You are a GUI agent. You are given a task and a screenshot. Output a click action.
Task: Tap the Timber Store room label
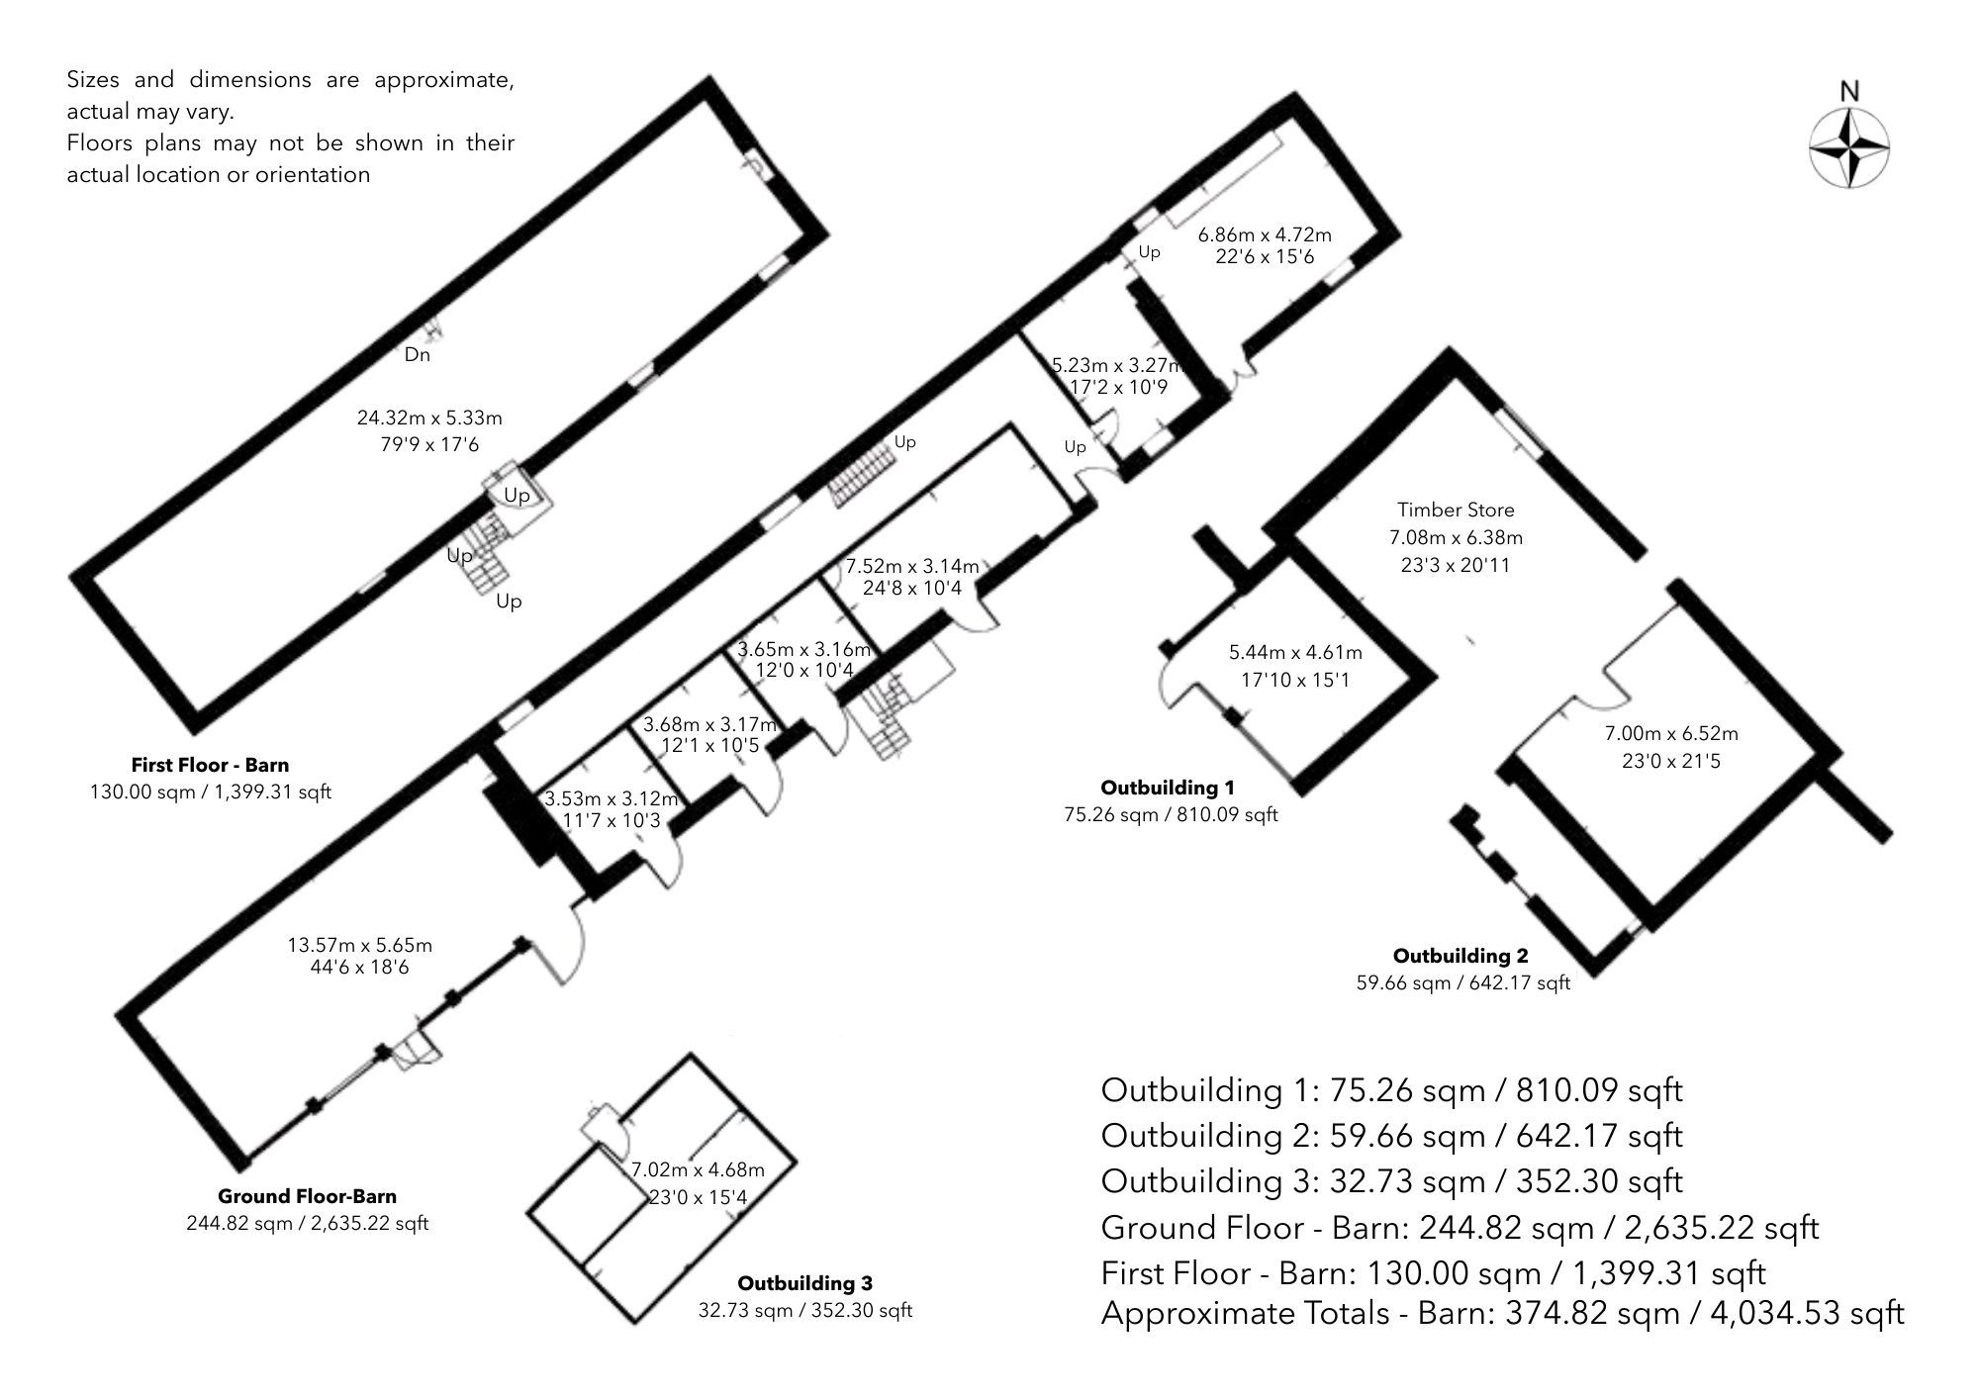(x=1456, y=510)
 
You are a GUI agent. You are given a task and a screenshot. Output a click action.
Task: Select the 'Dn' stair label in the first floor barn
(x=417, y=354)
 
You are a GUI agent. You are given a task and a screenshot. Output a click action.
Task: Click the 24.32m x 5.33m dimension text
(x=429, y=419)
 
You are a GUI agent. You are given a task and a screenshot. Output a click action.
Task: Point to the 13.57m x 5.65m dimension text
(x=360, y=945)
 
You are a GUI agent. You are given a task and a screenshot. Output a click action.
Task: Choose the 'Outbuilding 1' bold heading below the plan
(x=1168, y=788)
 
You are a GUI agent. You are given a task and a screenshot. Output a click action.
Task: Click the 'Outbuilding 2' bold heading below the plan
(x=1461, y=956)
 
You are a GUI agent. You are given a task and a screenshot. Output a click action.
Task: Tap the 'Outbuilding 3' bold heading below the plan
(x=804, y=1283)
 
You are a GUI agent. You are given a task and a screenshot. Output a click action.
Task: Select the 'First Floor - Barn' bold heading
(x=210, y=765)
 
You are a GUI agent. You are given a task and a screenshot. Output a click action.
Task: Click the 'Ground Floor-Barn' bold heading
(x=307, y=1196)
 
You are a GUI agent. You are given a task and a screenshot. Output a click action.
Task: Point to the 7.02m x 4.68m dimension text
(x=698, y=1169)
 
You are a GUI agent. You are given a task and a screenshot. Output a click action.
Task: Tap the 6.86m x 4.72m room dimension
(x=1265, y=234)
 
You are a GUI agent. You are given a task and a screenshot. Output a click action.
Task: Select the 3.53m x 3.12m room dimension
(x=612, y=798)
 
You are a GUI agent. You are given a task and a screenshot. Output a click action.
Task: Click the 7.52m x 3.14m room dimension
(x=911, y=566)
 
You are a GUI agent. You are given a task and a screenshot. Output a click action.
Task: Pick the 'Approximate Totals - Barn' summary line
(x=1501, y=1313)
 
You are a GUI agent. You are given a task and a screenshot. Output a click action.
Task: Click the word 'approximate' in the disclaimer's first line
(x=443, y=80)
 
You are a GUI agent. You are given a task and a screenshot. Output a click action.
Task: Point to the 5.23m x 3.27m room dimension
(x=1116, y=364)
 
